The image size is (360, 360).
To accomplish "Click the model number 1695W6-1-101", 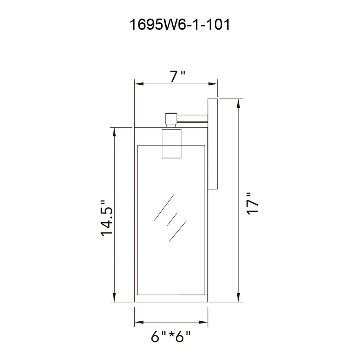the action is click(180, 25).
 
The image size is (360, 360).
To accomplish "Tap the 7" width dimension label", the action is click(178, 76).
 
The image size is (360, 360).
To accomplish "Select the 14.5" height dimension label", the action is click(107, 218).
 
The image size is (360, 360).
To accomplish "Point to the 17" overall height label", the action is click(252, 204).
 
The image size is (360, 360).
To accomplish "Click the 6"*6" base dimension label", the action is click(171, 336).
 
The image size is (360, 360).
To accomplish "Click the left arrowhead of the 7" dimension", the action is click(139, 84).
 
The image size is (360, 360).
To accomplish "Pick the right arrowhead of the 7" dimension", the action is click(213, 84).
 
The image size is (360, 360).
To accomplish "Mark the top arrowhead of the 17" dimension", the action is click(239, 103).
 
